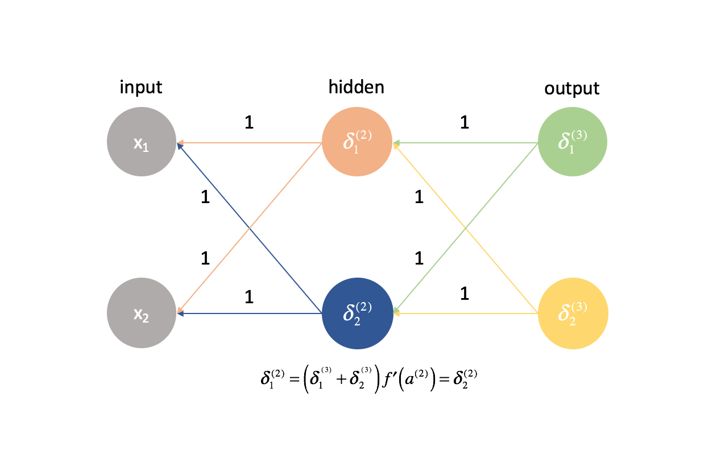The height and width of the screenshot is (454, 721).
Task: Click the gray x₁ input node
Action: tap(141, 142)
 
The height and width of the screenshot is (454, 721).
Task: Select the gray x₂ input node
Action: tap(141, 313)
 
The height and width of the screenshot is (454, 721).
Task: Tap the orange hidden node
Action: tap(357, 142)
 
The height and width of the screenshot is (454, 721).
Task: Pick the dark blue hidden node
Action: tap(357, 313)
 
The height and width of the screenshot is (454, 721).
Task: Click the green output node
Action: tap(573, 142)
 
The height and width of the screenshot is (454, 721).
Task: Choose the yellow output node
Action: tap(573, 313)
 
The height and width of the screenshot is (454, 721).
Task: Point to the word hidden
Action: tap(357, 87)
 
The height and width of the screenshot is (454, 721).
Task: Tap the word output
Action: tap(572, 89)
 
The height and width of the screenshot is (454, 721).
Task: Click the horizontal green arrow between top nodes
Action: tap(465, 142)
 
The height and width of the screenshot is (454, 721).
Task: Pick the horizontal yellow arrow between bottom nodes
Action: tap(465, 313)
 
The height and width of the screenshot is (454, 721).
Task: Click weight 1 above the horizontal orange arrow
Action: tap(248, 122)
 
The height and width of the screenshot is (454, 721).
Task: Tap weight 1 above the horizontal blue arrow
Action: tap(248, 296)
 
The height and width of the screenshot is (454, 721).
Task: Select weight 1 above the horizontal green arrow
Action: tap(465, 122)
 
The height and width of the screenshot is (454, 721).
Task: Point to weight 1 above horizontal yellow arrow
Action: tap(465, 294)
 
